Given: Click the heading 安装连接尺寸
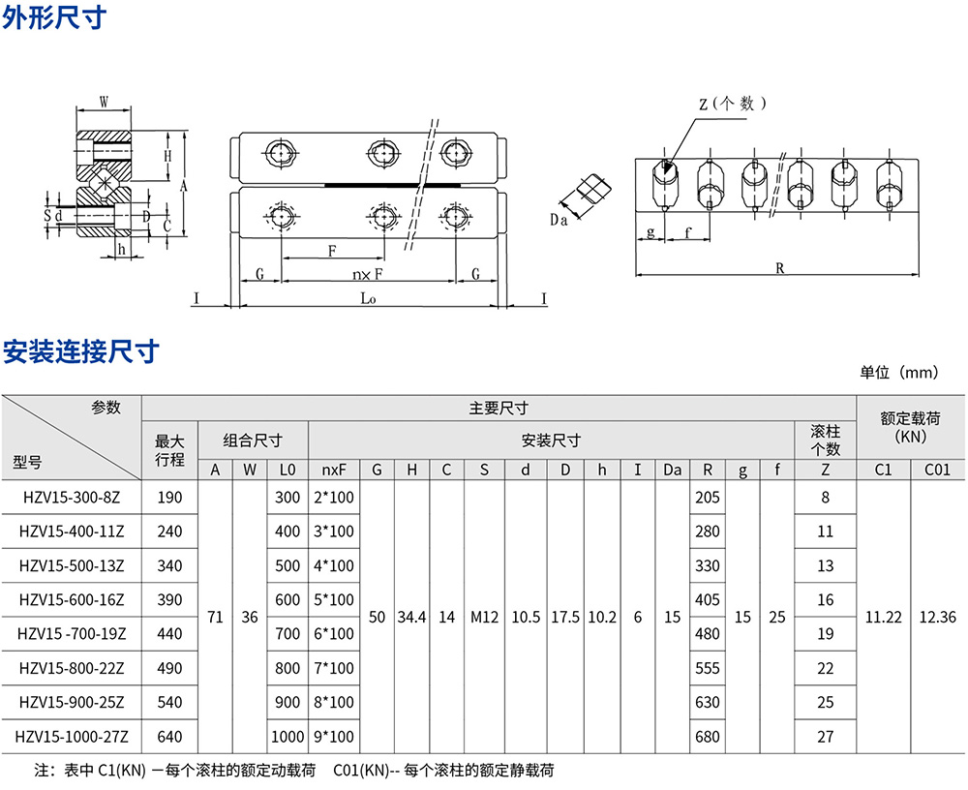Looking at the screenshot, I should coord(80,351).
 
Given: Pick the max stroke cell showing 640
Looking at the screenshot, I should coord(169,736).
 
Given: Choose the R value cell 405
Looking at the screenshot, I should coord(708,600).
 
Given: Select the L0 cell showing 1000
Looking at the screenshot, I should coord(287,736).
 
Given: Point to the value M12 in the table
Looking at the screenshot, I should coord(483,617).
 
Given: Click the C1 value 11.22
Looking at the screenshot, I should coord(883,617).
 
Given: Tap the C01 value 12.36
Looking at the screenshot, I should coord(938,617).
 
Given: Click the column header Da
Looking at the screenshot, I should coord(672,471).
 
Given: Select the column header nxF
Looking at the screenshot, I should coord(335,471).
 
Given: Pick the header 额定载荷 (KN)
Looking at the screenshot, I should coord(910,428).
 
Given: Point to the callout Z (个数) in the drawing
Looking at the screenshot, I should coord(733,104).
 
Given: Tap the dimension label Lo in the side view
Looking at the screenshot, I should coord(368,299).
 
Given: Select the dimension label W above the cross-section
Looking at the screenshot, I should coord(104,99).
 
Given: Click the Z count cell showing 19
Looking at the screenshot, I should coord(825,634).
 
